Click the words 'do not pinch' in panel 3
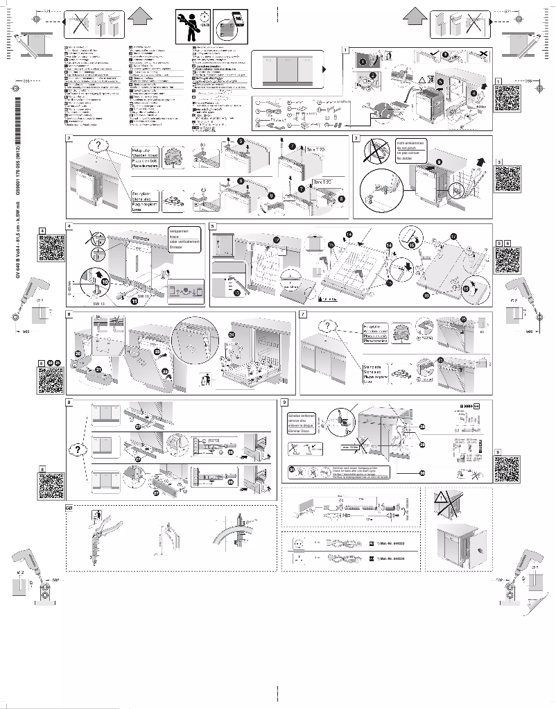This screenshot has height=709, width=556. click(x=408, y=148)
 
